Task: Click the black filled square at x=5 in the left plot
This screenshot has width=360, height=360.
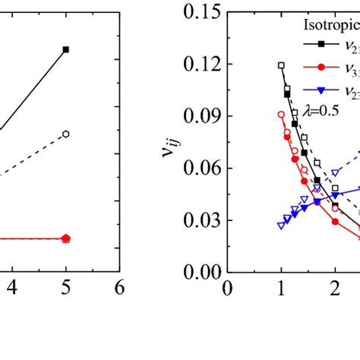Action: [66, 49]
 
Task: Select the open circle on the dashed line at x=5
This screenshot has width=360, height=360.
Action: [66, 134]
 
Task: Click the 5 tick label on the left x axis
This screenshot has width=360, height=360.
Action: [65, 289]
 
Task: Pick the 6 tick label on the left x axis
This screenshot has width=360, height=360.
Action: [118, 289]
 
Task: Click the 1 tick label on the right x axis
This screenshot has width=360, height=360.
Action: [281, 289]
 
